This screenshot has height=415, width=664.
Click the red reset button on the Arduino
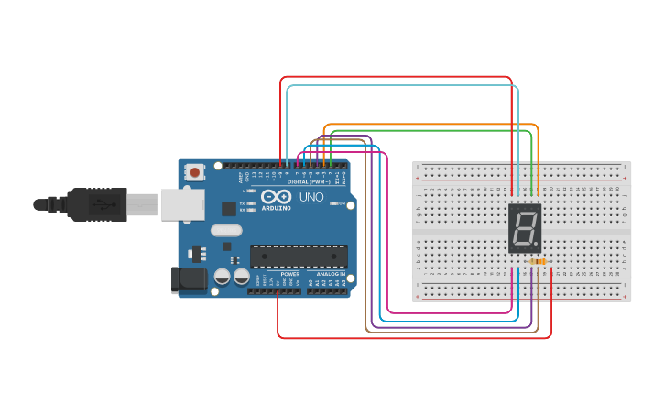click(195, 171)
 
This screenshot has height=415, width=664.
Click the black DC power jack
click(187, 279)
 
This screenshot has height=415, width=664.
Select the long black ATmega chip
click(299, 257)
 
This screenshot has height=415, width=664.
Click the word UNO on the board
click(311, 197)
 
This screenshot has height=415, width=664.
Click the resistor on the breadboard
click(538, 262)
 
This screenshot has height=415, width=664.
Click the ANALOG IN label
click(331, 274)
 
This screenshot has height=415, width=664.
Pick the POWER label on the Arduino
click(289, 274)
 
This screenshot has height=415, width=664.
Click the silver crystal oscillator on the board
click(225, 231)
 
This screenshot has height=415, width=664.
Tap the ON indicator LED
click(335, 203)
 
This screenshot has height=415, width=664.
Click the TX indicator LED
click(251, 202)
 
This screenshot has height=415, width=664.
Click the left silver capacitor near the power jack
click(223, 277)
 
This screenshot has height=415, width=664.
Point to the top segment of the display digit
click(524, 213)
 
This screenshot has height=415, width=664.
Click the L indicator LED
click(251, 191)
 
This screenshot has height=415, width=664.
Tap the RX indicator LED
click(251, 210)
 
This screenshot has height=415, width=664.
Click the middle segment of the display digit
click(523, 228)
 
